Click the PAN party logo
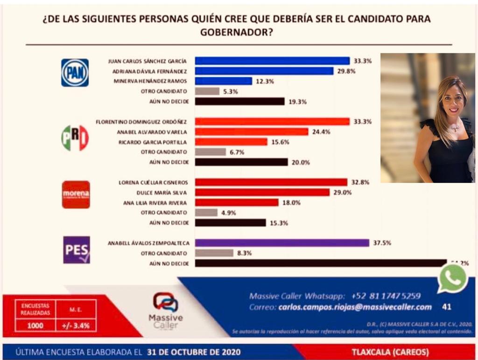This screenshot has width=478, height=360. click(75, 73)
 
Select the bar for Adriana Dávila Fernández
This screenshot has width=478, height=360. click(264, 71)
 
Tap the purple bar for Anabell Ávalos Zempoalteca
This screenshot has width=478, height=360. click(282, 242)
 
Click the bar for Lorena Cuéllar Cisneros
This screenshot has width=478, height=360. click(271, 182)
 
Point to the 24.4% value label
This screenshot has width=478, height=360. click(322, 132)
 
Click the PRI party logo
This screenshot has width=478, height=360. click(75, 138)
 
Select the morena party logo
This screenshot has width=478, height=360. click(76, 194)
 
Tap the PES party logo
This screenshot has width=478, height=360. click(77, 250)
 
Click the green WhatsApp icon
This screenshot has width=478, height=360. click(452, 279)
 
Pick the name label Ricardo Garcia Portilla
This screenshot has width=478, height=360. click(154, 142)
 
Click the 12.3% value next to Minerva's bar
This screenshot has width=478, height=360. click(265, 81)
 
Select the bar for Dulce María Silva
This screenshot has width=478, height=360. click(262, 192)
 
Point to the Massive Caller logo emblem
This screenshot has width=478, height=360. click(165, 303)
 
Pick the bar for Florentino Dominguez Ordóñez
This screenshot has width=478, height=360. click(272, 121)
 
